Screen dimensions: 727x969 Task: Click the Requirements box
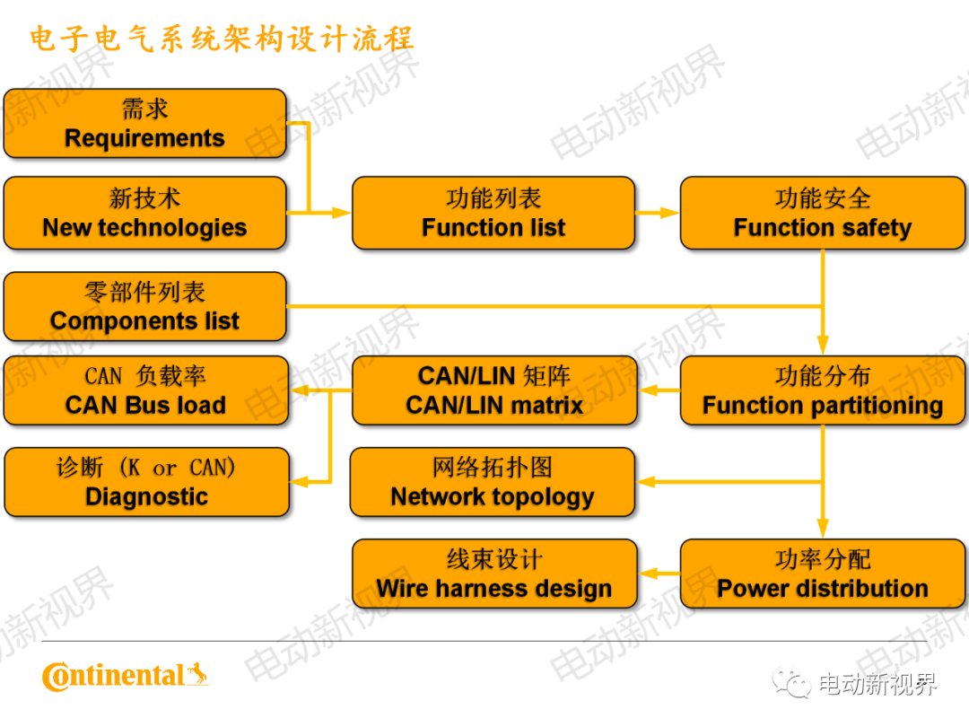click(x=144, y=124)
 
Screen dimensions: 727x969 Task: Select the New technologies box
click(x=144, y=213)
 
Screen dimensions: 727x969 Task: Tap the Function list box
click(x=493, y=213)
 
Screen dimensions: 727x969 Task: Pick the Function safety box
click(x=822, y=213)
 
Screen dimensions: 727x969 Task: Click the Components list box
click(x=144, y=306)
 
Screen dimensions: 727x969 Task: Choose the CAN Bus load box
click(x=145, y=390)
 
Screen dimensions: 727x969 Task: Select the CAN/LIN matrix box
click(x=494, y=390)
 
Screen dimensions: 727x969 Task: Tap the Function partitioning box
click(x=822, y=390)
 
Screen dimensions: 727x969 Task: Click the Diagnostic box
click(x=146, y=482)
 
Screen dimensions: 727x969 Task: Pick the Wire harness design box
click(x=494, y=574)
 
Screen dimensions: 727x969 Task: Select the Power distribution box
click(x=822, y=574)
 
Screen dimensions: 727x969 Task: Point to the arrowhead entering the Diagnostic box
click(x=300, y=482)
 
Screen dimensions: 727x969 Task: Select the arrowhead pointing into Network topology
click(x=646, y=482)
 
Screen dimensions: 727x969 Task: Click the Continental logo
click(x=125, y=676)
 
